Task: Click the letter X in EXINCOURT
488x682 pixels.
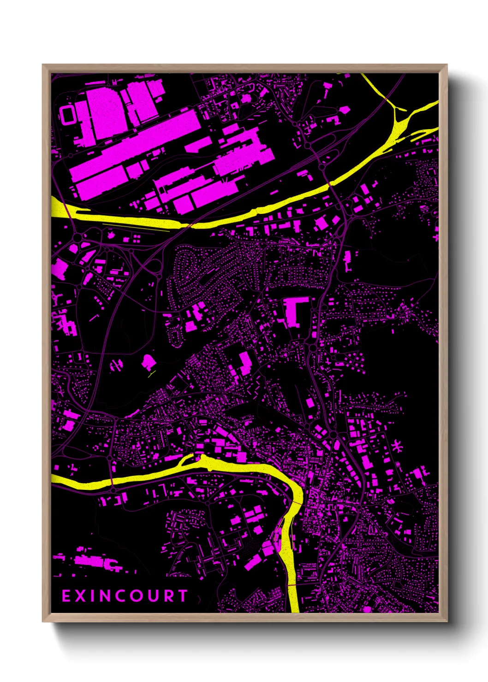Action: pyautogui.click(x=81, y=596)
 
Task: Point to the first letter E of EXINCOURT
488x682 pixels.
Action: pyautogui.click(x=66, y=596)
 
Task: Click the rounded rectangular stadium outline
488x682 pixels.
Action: pyautogui.click(x=67, y=114)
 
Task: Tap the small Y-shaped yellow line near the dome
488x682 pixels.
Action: pyautogui.click(x=151, y=374)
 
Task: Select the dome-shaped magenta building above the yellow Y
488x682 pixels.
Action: pyautogui.click(x=148, y=362)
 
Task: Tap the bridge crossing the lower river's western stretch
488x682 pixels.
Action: pyautogui.click(x=112, y=481)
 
